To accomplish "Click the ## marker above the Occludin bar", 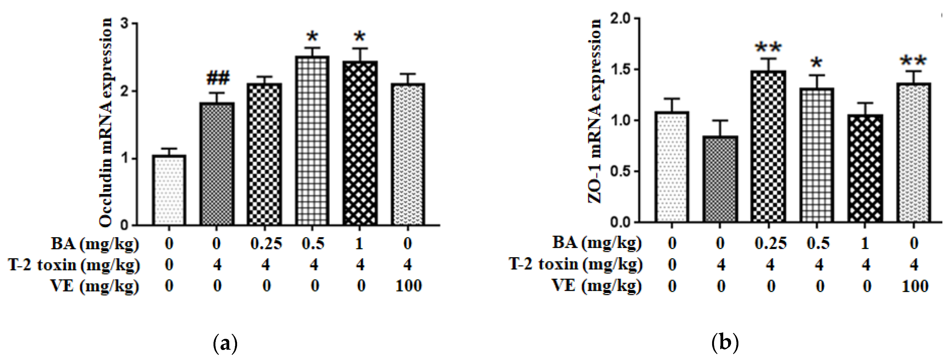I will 218,78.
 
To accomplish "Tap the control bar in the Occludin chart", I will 169,190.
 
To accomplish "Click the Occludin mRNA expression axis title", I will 106,122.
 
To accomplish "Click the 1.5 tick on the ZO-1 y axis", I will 620,69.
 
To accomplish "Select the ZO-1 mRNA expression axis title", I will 594,111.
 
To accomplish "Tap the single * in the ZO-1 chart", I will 817,63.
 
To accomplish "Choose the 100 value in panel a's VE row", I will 408,286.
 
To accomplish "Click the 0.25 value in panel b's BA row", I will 770,243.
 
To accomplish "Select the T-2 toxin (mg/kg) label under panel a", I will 74,265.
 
